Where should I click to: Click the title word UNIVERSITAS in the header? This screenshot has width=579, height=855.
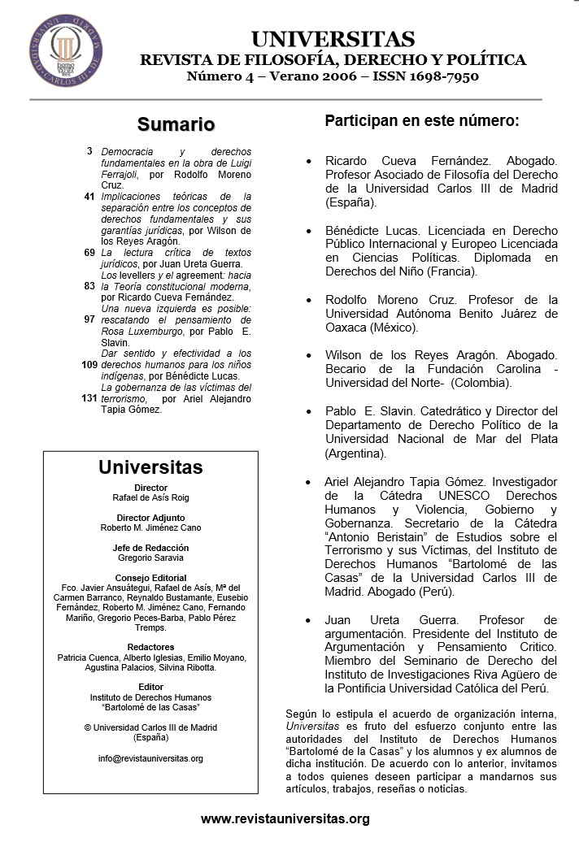333,39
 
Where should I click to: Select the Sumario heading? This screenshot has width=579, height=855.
176,124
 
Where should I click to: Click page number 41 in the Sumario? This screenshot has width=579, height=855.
89,197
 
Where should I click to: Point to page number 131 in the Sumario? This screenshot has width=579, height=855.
89,398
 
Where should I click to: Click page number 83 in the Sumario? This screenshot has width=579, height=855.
89,286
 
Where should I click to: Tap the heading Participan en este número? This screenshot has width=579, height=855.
421,121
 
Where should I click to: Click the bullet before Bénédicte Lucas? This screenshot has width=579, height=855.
308,231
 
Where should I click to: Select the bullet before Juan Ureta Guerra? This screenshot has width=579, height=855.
308,620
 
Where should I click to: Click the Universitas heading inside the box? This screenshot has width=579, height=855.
150,467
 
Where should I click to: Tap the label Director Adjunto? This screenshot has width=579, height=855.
150,518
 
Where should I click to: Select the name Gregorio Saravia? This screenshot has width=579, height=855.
150,558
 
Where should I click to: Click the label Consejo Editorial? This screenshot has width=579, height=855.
150,578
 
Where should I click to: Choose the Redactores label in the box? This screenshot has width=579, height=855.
150,647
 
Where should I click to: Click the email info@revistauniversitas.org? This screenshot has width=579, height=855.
150,758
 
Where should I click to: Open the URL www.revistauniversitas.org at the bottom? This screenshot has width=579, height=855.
285,819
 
